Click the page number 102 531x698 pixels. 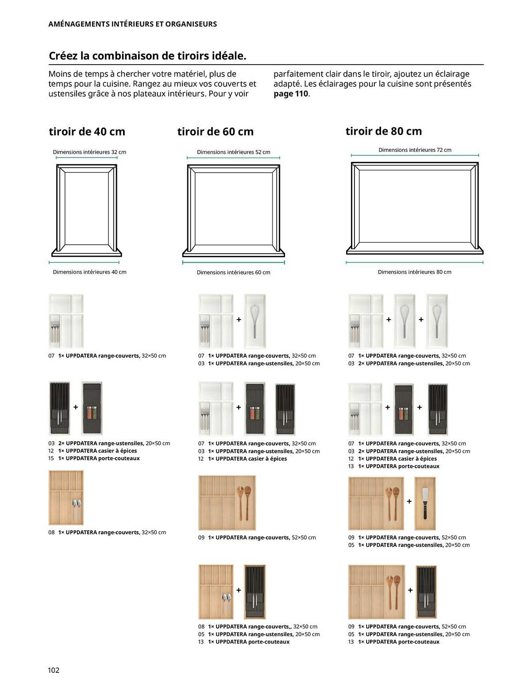click(53, 670)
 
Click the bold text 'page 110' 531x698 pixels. click(291, 94)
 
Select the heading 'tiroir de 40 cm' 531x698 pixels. click(87, 132)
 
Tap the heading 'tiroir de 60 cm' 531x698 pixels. click(215, 132)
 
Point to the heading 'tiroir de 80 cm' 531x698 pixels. click(383, 131)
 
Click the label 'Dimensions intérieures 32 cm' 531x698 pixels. click(89, 152)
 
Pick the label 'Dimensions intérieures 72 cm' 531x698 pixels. click(414, 150)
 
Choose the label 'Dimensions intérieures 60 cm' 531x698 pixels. click(233, 272)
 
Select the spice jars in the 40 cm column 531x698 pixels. click(92, 412)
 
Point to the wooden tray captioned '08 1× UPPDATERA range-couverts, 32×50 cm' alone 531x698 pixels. click(66, 498)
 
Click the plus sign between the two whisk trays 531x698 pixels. click(421, 319)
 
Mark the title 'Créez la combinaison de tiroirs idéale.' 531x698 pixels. click(147, 56)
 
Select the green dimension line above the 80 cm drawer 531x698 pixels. click(414, 155)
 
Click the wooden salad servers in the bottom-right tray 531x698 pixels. click(393, 591)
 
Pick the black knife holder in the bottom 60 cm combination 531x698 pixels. click(255, 591)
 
